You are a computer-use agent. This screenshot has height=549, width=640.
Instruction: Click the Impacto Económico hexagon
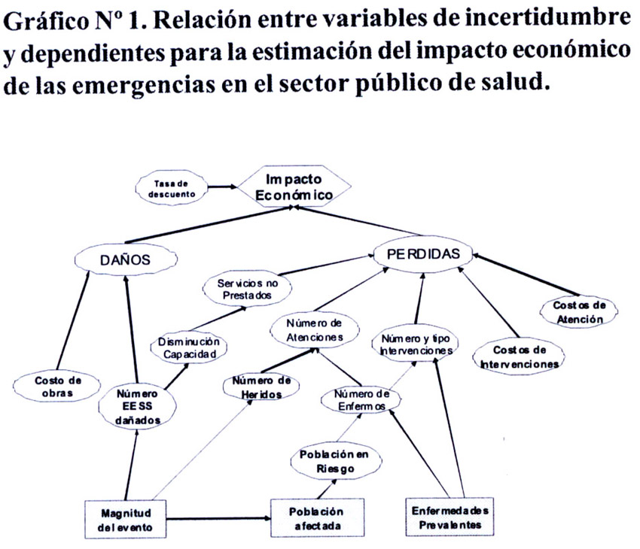(294, 187)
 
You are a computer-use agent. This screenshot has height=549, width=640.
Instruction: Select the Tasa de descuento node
(172, 188)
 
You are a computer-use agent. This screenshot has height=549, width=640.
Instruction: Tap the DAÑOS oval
(126, 259)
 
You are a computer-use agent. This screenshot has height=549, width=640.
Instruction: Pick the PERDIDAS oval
(423, 254)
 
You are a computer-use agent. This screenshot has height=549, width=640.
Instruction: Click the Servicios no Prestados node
(248, 289)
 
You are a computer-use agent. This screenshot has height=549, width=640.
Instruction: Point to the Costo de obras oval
(56, 387)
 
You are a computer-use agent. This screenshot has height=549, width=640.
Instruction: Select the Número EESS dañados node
(137, 407)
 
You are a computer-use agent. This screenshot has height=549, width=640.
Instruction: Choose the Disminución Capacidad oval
(188, 347)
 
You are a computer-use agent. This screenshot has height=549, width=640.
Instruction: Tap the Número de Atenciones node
(314, 330)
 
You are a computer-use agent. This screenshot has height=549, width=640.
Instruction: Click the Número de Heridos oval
(261, 387)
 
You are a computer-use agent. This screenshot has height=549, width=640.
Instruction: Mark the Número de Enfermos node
(361, 400)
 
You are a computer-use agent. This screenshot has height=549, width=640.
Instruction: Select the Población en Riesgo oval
(336, 461)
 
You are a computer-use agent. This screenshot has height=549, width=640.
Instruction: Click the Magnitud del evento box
(125, 520)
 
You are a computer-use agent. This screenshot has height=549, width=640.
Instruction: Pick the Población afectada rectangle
(317, 517)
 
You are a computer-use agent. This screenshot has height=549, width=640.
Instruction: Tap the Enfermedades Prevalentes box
(450, 517)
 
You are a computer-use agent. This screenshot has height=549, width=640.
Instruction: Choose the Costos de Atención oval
(578, 312)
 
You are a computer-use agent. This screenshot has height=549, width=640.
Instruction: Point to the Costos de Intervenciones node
(519, 356)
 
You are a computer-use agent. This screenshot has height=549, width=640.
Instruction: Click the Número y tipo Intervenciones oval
(416, 344)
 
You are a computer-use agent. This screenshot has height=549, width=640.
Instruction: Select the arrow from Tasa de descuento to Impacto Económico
(222, 187)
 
